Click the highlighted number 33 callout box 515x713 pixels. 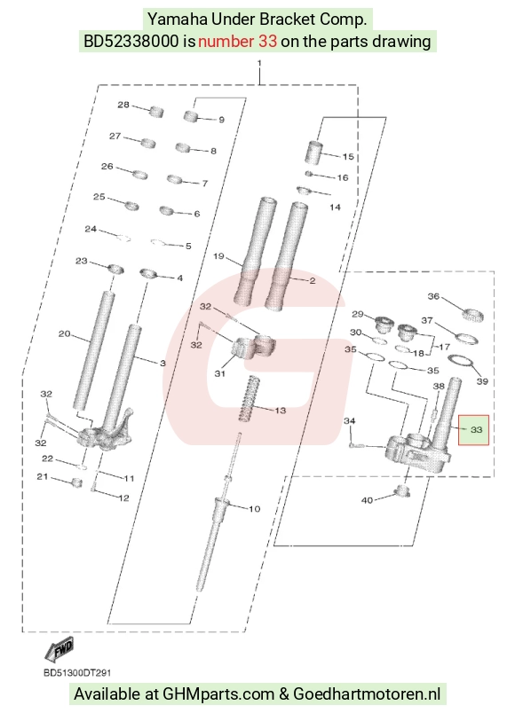click(x=473, y=430)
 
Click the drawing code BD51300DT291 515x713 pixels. click(x=77, y=672)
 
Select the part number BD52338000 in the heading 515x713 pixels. click(x=131, y=42)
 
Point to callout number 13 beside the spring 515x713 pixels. click(x=280, y=411)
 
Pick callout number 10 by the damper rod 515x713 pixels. click(x=254, y=508)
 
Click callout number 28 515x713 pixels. click(x=123, y=105)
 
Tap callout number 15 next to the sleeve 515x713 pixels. click(x=348, y=156)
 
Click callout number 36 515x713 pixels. click(x=433, y=296)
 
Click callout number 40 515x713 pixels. click(x=367, y=500)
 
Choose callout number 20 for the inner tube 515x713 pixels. click(x=64, y=333)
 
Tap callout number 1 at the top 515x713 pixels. click(x=259, y=63)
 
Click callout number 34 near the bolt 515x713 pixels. click(x=349, y=421)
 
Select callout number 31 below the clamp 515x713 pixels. click(x=220, y=373)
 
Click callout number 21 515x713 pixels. click(x=43, y=476)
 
